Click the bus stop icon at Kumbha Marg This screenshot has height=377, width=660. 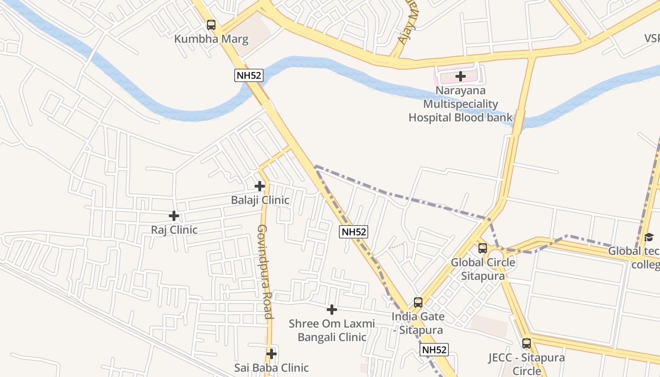(211, 25)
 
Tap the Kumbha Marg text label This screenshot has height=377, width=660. (211, 39)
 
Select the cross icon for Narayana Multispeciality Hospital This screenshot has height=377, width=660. (461, 76)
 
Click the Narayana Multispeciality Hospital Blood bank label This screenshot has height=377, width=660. (460, 104)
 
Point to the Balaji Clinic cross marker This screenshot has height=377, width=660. (260, 186)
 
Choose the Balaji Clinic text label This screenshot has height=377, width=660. (260, 200)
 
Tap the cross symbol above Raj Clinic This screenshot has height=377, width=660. (174, 216)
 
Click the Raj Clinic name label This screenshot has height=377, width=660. (174, 230)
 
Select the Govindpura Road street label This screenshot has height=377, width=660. (264, 271)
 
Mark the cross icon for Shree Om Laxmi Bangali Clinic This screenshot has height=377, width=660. (332, 310)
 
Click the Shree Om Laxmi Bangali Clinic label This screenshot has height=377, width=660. (332, 330)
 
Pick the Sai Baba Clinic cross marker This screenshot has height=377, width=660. (271, 353)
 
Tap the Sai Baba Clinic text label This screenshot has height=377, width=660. (272, 368)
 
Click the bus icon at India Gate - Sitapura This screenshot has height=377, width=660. (418, 302)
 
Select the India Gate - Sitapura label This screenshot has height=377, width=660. (418, 323)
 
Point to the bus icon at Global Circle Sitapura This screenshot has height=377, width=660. (483, 248)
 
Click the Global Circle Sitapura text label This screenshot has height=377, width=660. (483, 269)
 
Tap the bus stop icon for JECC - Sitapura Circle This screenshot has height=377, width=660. (527, 344)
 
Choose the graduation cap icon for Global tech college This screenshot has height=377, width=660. (649, 237)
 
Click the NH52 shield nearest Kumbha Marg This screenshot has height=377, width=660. (248, 75)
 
